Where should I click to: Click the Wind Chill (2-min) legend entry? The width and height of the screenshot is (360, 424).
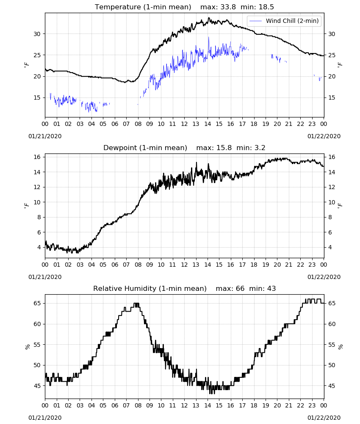[284, 21]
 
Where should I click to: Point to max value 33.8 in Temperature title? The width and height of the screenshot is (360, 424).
[228, 7]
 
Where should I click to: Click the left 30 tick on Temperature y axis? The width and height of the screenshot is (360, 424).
[37, 34]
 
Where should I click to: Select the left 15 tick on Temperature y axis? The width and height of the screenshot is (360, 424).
[37, 98]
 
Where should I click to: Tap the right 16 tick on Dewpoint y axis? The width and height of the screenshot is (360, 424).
[332, 157]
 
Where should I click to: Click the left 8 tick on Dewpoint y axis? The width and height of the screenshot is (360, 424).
[39, 217]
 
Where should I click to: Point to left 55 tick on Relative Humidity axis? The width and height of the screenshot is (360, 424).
[37, 345]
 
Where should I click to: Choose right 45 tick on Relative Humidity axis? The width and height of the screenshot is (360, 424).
[332, 386]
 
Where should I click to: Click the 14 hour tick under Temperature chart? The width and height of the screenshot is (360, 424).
[208, 124]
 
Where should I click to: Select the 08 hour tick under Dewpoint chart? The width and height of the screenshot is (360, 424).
[138, 265]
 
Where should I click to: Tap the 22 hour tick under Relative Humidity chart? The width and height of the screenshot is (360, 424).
[300, 405]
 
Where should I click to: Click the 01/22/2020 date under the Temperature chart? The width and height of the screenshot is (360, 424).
[324, 136]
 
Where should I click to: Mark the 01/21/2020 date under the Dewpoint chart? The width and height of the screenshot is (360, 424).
[45, 277]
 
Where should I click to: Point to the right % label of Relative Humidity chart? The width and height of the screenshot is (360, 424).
[340, 347]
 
